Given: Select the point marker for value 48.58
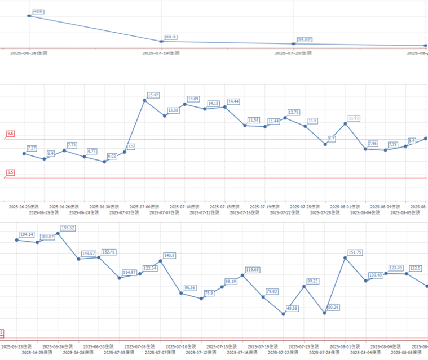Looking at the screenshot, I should (x=283, y=314).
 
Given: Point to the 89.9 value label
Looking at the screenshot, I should (x=170, y=37).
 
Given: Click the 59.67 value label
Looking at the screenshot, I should (x=305, y=39).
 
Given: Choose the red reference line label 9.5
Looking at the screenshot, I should (x=10, y=134).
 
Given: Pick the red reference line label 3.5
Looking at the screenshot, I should (x=10, y=172).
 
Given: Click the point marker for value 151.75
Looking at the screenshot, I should (x=345, y=258).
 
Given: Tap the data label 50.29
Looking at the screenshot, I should (x=334, y=307).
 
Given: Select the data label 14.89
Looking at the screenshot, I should (x=193, y=99).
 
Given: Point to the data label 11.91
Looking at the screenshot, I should (x=354, y=118).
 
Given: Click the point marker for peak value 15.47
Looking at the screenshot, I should (x=144, y=100).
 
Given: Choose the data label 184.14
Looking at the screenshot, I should (x=27, y=234).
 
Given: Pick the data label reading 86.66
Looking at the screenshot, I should (x=191, y=287).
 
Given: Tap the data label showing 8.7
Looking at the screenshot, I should (x=332, y=139).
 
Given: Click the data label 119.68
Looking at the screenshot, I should (x=253, y=270).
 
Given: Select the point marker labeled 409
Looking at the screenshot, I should (x=29, y=16).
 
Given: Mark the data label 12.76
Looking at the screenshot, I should (x=294, y=112).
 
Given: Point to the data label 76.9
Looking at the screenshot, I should (x=209, y=293).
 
